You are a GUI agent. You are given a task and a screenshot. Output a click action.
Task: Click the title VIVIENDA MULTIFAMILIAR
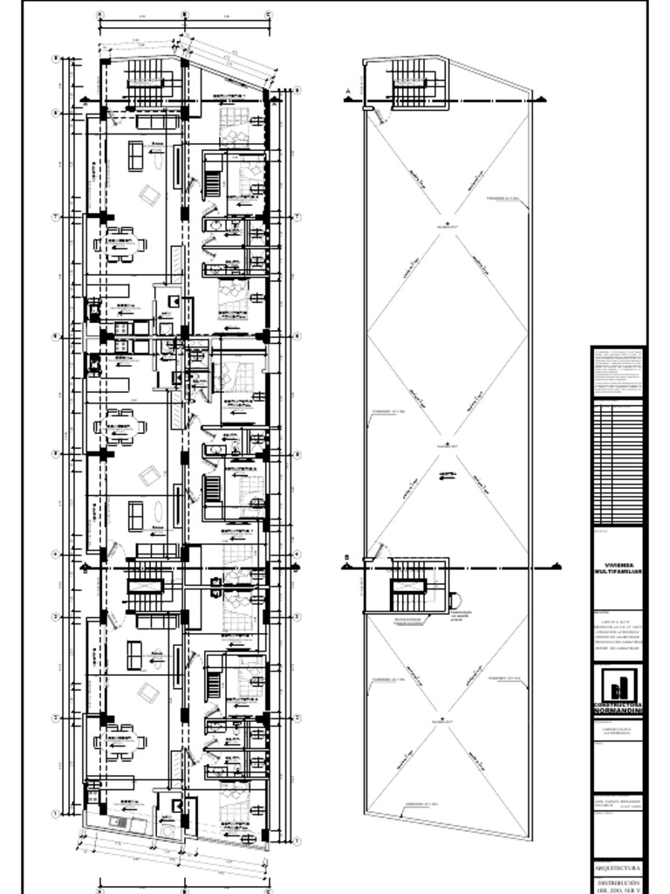pyautogui.click(x=619, y=567)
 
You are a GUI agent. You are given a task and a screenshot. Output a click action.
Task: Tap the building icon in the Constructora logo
pyautogui.click(x=619, y=685)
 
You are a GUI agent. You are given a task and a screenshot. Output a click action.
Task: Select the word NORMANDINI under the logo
pyautogui.click(x=619, y=712)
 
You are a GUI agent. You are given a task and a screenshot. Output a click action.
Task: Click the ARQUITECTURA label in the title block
pyautogui.click(x=619, y=870)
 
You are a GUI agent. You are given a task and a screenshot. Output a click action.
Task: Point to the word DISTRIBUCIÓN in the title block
pyautogui.click(x=619, y=883)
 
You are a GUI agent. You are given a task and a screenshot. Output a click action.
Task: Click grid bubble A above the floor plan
pyautogui.click(x=99, y=15)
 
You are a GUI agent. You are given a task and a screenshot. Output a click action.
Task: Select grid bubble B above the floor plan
pyautogui.click(x=184, y=15)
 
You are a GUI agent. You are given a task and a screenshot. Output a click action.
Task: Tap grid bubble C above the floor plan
pyautogui.click(x=268, y=15)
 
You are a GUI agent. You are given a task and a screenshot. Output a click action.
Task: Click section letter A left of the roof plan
pyautogui.click(x=347, y=91)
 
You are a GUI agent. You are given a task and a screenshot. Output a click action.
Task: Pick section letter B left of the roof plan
pyautogui.click(x=346, y=558)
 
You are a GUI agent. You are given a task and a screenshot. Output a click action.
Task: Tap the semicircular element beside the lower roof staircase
pyautogui.click(x=454, y=601)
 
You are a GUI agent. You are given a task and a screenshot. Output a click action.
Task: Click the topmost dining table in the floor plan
pyautogui.click(x=120, y=244)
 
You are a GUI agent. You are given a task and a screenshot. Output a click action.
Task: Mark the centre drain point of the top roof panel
pyautogui.click(x=447, y=225)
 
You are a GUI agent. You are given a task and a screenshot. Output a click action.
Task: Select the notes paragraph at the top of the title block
pyautogui.click(x=619, y=371)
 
